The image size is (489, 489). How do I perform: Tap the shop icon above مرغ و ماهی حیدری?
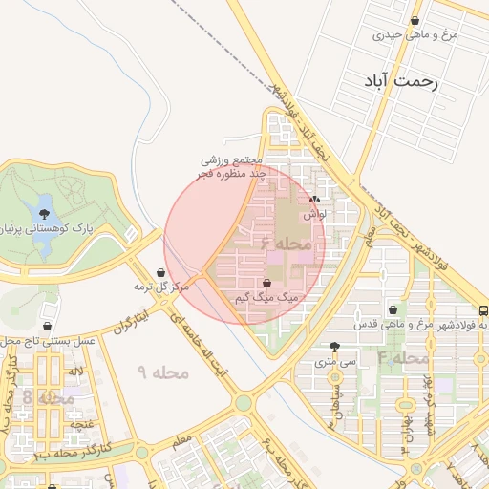(x=415, y=21)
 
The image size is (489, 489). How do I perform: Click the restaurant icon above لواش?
(x=315, y=200)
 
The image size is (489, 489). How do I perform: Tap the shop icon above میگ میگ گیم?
(x=266, y=284)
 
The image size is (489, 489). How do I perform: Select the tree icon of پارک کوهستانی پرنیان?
(x=44, y=213)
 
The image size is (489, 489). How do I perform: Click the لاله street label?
(x=76, y=370)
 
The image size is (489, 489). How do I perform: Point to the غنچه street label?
(x=80, y=422)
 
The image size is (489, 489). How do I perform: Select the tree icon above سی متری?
(x=333, y=348)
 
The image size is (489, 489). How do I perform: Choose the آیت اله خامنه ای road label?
(x=202, y=348)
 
